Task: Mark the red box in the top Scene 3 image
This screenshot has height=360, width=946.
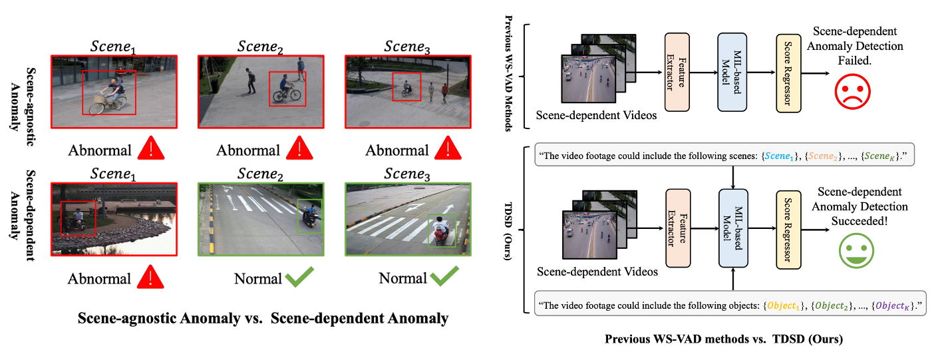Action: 406,87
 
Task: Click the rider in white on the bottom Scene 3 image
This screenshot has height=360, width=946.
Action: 438,230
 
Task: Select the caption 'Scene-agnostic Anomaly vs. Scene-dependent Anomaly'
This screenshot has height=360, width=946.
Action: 263,318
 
